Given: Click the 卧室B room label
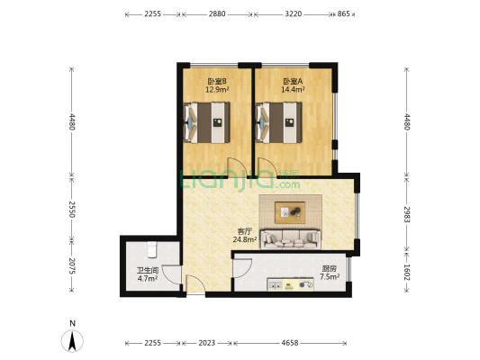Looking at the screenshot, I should tap(216, 79).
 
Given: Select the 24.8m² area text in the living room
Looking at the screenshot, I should tap(244, 239).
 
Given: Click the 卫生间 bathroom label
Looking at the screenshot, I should tap(147, 270).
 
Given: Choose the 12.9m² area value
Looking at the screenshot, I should tap(216, 89).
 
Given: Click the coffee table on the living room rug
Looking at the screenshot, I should tap(289, 212).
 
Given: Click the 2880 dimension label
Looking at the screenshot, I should tap(217, 14).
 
